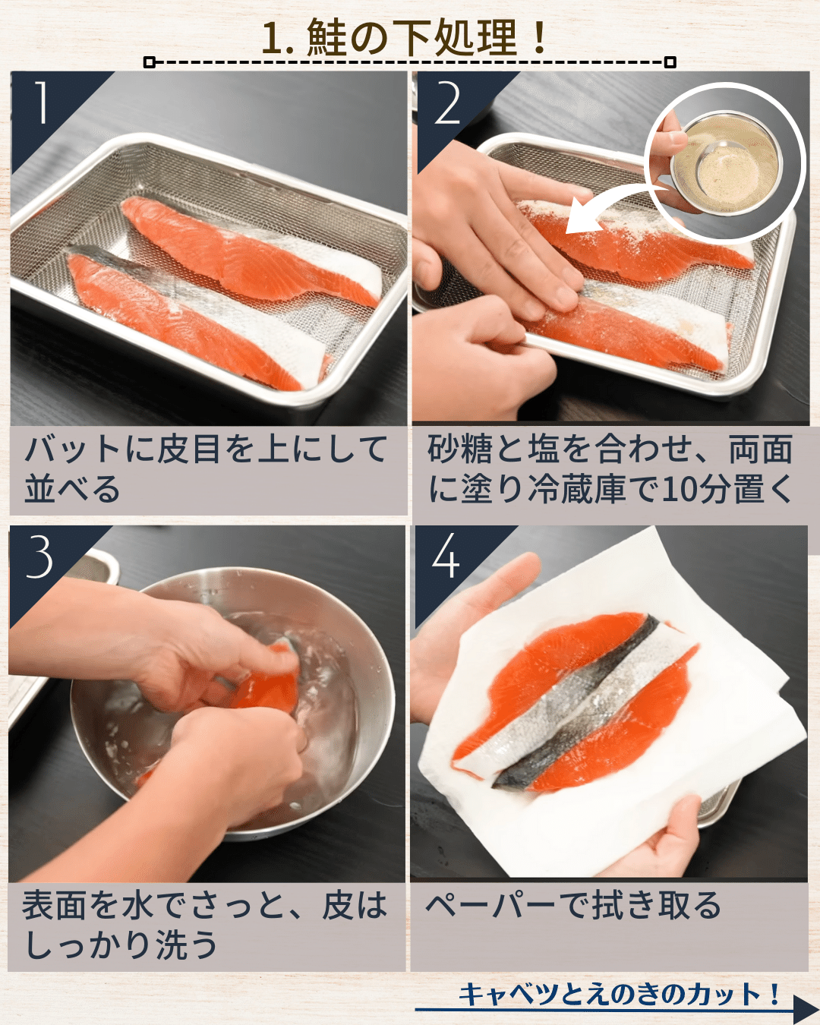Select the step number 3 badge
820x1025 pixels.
click(39, 557)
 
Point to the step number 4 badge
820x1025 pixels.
click(446, 557)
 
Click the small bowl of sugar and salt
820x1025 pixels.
click(725, 163)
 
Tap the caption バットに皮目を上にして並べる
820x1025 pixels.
click(205, 468)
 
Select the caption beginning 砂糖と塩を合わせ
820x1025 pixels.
click(610, 468)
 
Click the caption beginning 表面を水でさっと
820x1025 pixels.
click(205, 925)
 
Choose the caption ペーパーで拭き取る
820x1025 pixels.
click(573, 906)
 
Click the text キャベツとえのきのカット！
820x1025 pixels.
click(619, 994)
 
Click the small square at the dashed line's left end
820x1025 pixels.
click(150, 62)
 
